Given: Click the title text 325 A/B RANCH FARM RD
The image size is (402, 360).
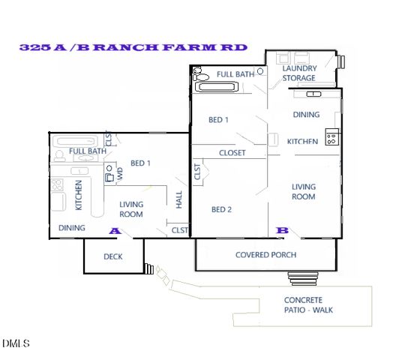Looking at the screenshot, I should tap(133, 47).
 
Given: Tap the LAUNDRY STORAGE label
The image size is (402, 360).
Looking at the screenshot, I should tap(298, 72).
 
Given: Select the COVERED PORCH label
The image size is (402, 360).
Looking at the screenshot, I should tap(265, 255).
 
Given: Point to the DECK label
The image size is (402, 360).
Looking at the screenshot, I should tap(112, 256).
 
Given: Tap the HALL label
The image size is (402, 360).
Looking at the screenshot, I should tap(178, 199).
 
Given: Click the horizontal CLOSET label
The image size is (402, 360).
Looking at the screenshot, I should tap(232, 153).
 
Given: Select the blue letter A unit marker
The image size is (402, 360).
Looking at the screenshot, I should tap(115, 231).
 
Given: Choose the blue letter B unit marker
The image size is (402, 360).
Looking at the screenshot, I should tap(283, 230).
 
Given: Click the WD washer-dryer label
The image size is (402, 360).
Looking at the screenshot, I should tap(118, 173).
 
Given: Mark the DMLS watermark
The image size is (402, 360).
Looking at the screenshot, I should tap(16, 344).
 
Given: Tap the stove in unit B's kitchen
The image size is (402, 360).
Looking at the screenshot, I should tap(332, 138).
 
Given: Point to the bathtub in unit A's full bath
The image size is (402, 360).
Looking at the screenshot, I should tap(75, 141).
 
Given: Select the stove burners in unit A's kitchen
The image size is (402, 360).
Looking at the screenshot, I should tap(57, 186).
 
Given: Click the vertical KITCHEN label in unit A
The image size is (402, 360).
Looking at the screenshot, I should tap(78, 194).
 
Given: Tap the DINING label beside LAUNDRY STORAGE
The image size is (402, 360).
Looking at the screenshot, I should tap(305, 115).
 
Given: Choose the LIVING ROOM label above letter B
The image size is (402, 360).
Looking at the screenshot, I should tap(304, 191).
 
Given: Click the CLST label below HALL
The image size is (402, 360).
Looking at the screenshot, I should tap(179, 230).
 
